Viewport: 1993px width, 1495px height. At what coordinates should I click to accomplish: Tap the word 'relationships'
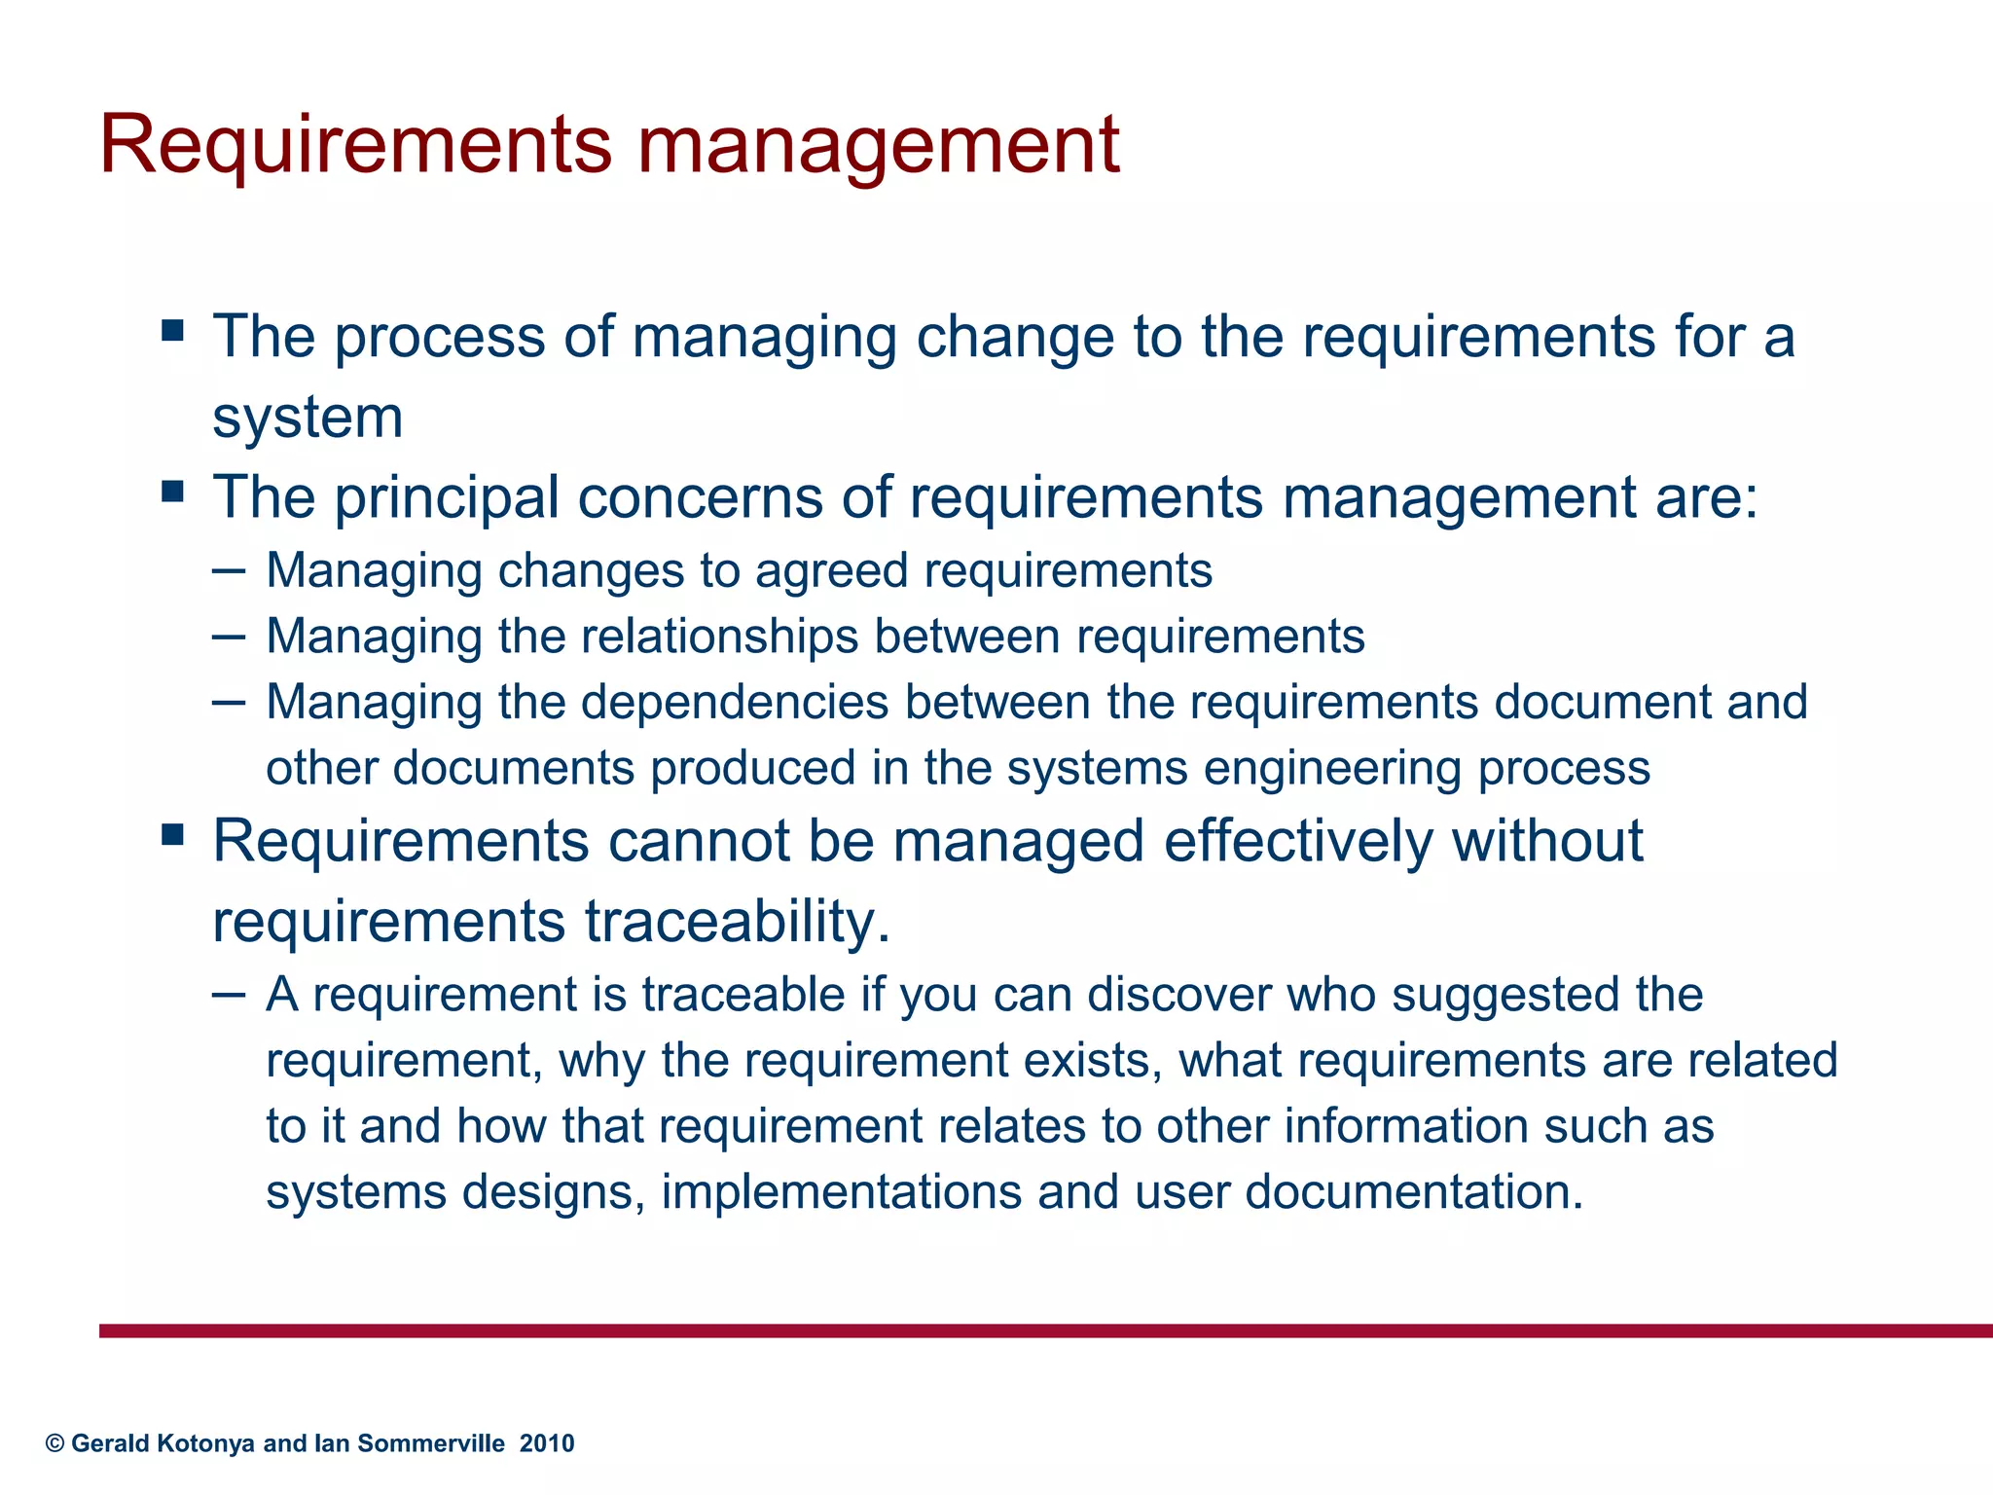[x=720, y=637]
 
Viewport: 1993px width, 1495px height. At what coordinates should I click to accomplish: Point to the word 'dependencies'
[x=735, y=702]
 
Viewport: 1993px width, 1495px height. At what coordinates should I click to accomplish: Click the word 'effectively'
[x=1298, y=841]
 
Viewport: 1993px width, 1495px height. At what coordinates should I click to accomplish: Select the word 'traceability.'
[x=738, y=921]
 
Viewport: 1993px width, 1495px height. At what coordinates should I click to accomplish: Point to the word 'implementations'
[x=842, y=1192]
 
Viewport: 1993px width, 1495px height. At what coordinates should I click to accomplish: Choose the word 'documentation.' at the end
[x=1414, y=1192]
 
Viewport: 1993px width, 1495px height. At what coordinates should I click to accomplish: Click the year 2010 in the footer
[x=547, y=1443]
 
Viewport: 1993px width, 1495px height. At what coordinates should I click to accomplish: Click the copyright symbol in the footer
[x=55, y=1443]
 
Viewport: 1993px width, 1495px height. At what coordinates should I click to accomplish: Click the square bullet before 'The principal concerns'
[x=173, y=491]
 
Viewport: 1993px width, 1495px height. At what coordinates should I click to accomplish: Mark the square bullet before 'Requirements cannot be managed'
[x=173, y=834]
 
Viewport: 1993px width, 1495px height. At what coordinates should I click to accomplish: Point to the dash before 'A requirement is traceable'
[x=228, y=994]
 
